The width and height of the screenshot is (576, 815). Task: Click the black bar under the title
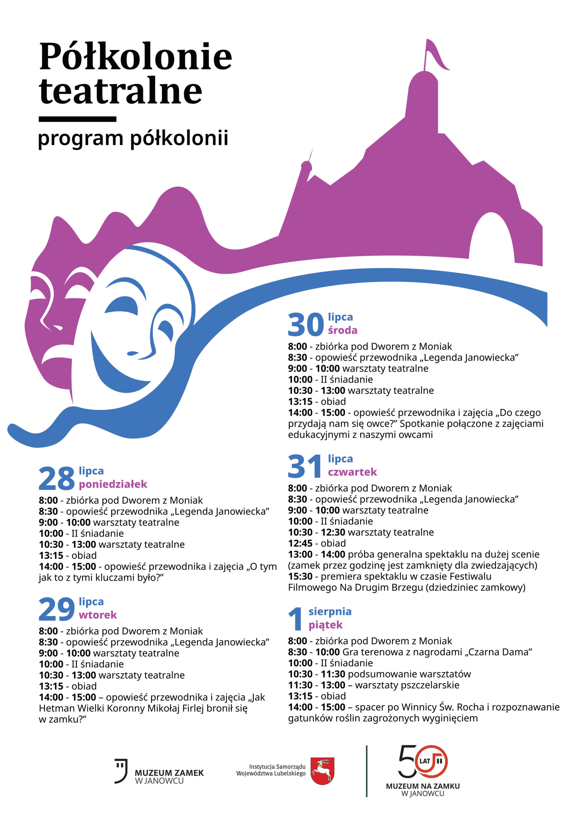coord(77,119)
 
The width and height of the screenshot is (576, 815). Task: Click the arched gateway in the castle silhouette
coord(492,238)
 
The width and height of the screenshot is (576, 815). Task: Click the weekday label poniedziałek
coord(113,484)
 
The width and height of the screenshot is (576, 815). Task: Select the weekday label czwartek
coord(352,472)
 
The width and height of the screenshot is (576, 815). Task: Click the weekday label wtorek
coord(98,615)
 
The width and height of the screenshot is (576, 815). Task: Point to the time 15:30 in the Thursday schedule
coord(300,577)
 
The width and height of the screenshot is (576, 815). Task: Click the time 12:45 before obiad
coord(300,543)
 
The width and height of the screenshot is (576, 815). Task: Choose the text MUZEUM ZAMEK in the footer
coord(169,773)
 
